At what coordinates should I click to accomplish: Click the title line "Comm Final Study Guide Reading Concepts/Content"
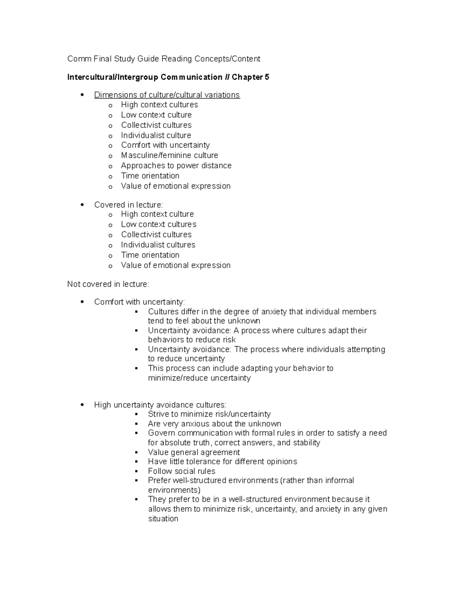163,59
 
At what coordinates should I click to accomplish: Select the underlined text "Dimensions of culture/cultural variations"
167,95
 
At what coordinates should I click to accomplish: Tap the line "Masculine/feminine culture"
169,155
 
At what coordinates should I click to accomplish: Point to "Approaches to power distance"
176,166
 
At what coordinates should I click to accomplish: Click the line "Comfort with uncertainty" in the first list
165,145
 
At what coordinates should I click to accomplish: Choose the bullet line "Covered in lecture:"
128,205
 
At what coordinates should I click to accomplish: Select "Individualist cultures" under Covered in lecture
158,245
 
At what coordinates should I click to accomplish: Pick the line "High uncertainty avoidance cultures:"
160,405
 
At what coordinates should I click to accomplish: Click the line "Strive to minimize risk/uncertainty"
209,414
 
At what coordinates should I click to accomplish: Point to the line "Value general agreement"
194,452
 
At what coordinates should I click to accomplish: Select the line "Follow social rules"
181,471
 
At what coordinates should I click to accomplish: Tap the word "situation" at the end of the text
163,519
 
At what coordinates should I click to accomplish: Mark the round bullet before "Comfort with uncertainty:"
82,302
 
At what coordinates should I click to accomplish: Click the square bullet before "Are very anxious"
136,424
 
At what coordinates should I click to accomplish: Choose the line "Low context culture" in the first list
156,115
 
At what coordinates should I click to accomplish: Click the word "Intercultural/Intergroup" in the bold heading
113,77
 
